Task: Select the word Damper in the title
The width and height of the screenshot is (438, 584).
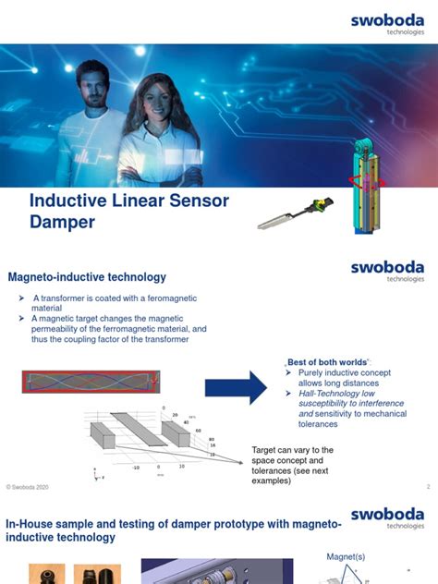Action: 62,223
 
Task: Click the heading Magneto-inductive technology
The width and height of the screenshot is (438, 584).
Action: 87,276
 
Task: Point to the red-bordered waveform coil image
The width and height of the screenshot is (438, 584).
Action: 90,380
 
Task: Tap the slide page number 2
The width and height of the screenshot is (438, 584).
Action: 428,486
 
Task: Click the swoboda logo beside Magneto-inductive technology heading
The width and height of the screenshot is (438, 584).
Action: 387,270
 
